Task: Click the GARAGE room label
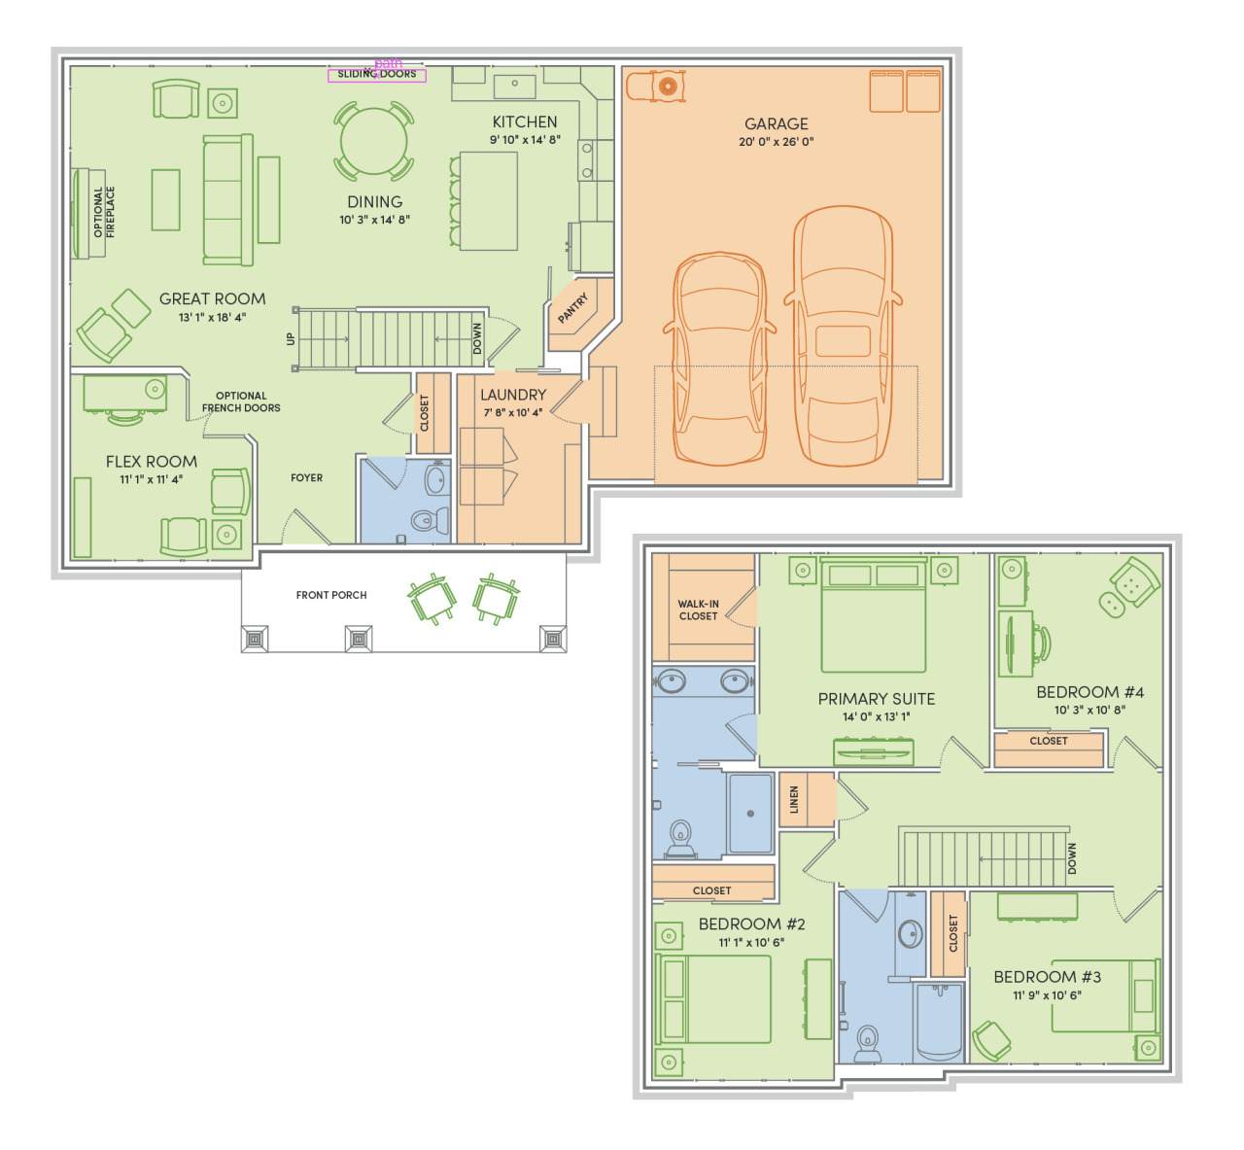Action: pyautogui.click(x=777, y=123)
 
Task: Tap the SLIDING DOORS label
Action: pyautogui.click(x=376, y=74)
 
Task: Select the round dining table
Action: pyautogui.click(x=374, y=140)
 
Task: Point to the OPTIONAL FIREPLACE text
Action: pyautogui.click(x=104, y=212)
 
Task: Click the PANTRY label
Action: pyautogui.click(x=573, y=308)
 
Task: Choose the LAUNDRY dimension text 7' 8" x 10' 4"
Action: pyautogui.click(x=513, y=412)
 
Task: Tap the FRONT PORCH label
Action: pyautogui.click(x=331, y=595)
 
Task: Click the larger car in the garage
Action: pyautogui.click(x=844, y=336)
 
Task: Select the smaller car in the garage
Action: pyautogui.click(x=720, y=359)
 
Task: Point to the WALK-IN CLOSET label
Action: pyautogui.click(x=699, y=610)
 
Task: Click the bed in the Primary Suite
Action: pyautogui.click(x=873, y=614)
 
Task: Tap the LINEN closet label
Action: pyautogui.click(x=794, y=800)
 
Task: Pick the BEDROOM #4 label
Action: pyautogui.click(x=1089, y=692)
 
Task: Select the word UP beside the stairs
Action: pyautogui.click(x=290, y=339)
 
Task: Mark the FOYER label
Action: pyautogui.click(x=307, y=477)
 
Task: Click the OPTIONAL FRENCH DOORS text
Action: pyautogui.click(x=241, y=401)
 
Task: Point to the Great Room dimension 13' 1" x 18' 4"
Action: pyautogui.click(x=212, y=317)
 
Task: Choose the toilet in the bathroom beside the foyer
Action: pyautogui.click(x=429, y=519)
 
